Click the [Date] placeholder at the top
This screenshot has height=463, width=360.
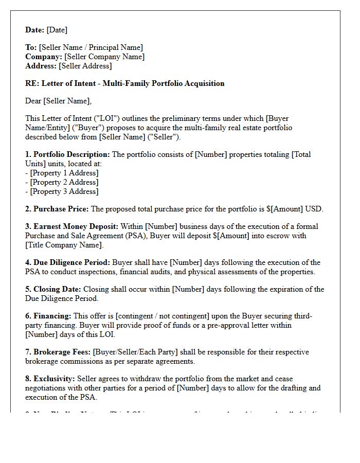(x=57, y=30)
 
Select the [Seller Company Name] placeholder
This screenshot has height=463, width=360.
(x=104, y=57)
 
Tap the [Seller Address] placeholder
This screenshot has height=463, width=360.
(x=85, y=66)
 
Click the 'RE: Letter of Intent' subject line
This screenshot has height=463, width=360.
(x=124, y=83)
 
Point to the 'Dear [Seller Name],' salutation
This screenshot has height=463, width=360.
(x=58, y=101)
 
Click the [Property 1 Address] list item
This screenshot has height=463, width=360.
(x=64, y=173)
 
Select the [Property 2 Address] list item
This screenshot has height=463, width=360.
(x=64, y=182)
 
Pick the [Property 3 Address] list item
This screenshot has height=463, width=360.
(x=64, y=191)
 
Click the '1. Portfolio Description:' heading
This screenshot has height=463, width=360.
(x=67, y=154)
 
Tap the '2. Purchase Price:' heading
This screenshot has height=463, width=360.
(x=57, y=209)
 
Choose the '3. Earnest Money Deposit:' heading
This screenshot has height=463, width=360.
(x=72, y=226)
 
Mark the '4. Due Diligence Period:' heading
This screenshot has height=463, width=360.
(x=68, y=262)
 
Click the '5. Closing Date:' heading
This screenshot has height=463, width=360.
(x=53, y=289)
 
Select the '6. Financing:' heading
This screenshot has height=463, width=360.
(x=48, y=316)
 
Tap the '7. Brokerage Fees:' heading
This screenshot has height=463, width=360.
(x=58, y=352)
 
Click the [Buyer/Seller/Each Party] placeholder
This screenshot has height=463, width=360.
(x=135, y=352)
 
